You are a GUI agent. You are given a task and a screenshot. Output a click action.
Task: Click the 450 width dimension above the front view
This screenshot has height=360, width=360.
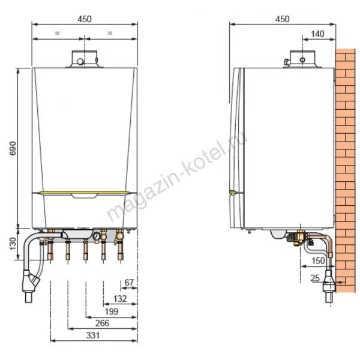click(x=85, y=19)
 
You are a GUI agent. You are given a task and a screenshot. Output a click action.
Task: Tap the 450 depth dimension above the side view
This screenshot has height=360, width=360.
click(x=282, y=19)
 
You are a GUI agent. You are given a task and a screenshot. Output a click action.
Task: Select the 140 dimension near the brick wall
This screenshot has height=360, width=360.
click(x=318, y=34)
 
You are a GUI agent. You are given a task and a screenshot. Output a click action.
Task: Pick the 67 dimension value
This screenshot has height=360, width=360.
click(x=128, y=281)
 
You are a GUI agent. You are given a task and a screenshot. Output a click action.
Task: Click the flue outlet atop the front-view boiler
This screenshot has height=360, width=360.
click(x=85, y=59)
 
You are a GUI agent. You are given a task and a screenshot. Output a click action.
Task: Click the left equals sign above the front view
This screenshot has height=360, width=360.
click(x=57, y=33)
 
